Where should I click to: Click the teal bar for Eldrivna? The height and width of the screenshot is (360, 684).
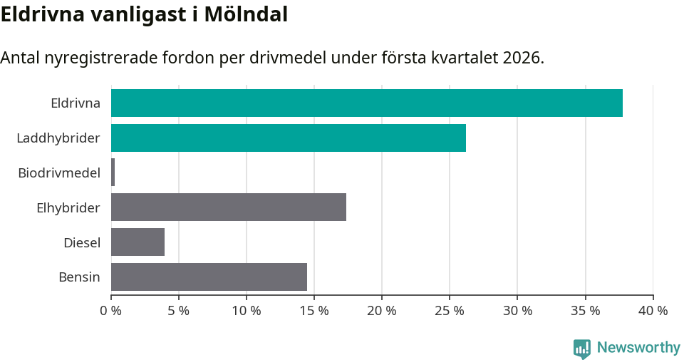[367, 103]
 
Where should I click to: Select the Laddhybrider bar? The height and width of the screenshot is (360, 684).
[289, 138]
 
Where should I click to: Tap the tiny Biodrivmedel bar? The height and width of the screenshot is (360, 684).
[113, 173]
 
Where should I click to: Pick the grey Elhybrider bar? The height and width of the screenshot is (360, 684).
[229, 207]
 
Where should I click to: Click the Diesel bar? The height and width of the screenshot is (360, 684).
[138, 242]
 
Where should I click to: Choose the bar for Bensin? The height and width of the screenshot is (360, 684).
[209, 277]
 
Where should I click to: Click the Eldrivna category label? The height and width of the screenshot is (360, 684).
[76, 103]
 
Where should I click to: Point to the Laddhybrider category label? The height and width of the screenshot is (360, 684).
[58, 138]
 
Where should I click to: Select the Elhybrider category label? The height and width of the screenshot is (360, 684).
[68, 207]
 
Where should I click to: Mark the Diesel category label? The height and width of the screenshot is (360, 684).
[82, 242]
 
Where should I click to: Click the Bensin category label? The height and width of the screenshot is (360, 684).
[79, 277]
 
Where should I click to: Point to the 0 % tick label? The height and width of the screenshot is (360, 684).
[111, 311]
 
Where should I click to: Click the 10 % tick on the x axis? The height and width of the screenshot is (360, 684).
[247, 311]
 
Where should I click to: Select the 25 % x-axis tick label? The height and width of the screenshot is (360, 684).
[450, 311]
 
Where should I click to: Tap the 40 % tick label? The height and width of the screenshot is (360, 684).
[653, 311]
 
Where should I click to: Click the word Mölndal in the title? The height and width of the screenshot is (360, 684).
[245, 14]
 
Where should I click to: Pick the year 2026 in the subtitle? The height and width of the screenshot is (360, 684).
[521, 58]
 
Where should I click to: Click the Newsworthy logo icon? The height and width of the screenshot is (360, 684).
[582, 348]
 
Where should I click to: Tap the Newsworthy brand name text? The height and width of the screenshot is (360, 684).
[638, 348]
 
